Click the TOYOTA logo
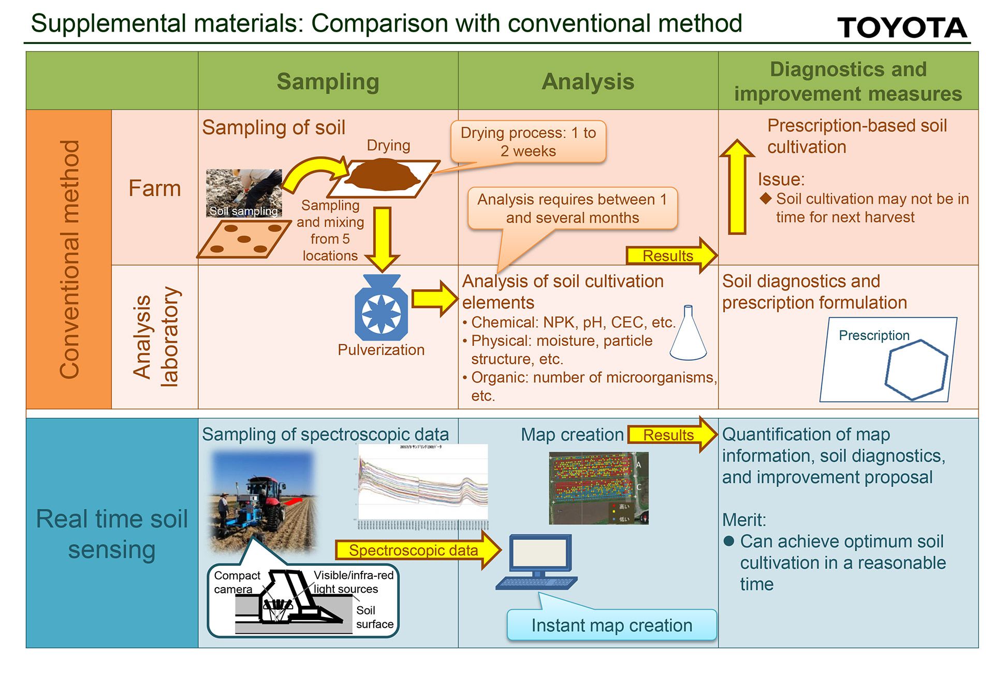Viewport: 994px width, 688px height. [x=901, y=27]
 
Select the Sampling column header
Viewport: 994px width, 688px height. [x=328, y=81]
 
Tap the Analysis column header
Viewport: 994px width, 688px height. [x=588, y=81]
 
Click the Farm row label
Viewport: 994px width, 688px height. [x=155, y=188]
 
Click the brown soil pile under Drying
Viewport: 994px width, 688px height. [x=383, y=175]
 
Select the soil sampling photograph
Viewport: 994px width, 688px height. [x=244, y=193]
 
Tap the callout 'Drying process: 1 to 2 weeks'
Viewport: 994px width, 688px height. [x=528, y=142]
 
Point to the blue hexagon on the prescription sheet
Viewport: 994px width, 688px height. [x=915, y=370]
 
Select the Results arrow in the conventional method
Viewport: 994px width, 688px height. [x=671, y=255]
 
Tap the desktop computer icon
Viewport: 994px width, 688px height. [x=538, y=562]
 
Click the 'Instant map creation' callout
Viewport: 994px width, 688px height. [x=611, y=625]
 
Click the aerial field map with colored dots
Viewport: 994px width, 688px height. [x=598, y=488]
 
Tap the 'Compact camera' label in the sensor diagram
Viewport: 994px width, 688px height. [x=236, y=582]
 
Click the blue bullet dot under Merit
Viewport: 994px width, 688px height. [x=729, y=541]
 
